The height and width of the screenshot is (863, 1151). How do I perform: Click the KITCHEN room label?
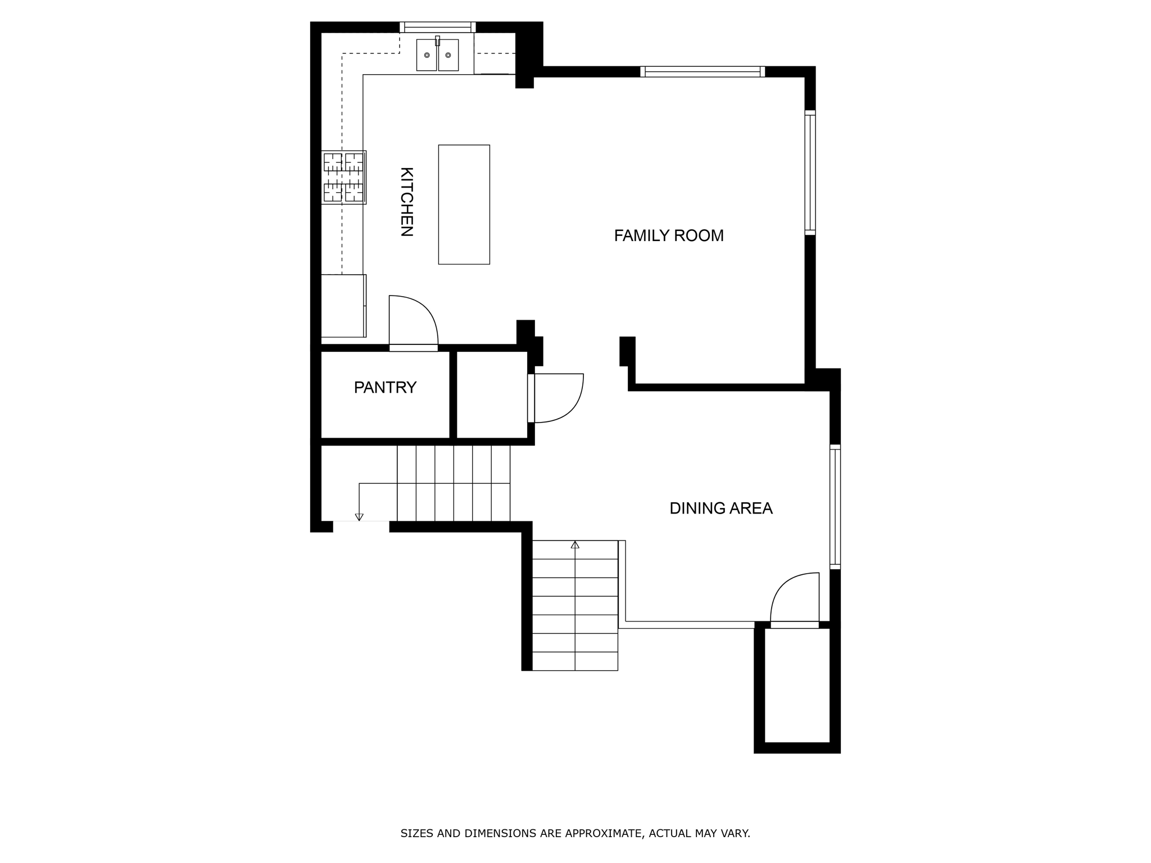[x=406, y=202]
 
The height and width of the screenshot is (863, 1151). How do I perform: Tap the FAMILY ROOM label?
[x=668, y=235]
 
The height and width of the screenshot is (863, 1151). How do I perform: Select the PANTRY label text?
[x=385, y=387]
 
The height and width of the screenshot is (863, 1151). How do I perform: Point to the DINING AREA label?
[x=720, y=508]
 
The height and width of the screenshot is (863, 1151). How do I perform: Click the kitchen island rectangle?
[x=464, y=205]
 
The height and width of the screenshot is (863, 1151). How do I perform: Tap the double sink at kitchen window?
[x=437, y=55]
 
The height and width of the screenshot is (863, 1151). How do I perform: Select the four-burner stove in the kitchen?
[x=343, y=177]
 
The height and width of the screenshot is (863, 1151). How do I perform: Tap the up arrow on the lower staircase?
[x=575, y=544]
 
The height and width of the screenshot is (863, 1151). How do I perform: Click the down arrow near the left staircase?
[x=359, y=517]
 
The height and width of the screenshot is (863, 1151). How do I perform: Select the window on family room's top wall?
[x=703, y=71]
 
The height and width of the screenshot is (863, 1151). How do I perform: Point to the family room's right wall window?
[x=810, y=172]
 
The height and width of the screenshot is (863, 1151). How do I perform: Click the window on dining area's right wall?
[x=835, y=506]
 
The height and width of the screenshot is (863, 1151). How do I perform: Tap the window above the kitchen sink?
[x=438, y=27]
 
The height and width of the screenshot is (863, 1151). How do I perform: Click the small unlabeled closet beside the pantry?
[x=492, y=394]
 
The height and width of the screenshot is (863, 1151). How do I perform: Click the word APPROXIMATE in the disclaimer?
[x=604, y=833]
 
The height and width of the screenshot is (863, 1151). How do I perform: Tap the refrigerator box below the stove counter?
[x=343, y=306]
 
